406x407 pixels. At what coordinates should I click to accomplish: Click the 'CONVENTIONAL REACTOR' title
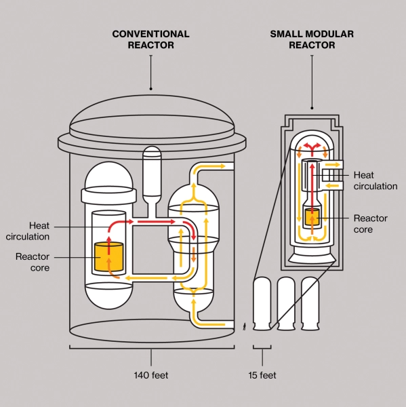point(150,39)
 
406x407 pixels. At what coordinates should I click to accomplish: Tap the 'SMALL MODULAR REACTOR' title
point(312,39)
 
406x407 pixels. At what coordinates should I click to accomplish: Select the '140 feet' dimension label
point(151,375)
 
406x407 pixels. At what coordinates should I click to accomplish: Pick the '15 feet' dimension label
point(262,375)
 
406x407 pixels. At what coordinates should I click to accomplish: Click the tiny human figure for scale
point(245,326)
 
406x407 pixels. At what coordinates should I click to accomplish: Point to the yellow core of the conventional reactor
point(108,256)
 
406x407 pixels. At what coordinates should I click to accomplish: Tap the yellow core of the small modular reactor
point(312,216)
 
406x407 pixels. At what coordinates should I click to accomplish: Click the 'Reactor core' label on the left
point(33,262)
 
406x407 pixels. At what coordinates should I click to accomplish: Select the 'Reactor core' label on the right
point(371,224)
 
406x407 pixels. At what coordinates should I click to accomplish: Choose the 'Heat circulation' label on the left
point(28,231)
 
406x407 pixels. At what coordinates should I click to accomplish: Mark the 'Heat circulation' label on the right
point(375,180)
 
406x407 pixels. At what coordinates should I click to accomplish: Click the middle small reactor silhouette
point(286,304)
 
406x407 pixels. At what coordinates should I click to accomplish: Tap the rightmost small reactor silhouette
point(310,304)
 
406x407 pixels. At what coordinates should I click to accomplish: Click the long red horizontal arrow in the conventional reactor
point(157,221)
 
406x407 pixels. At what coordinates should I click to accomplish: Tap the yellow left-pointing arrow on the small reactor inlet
point(332,186)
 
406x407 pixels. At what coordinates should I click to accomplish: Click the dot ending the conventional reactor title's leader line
point(151,89)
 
